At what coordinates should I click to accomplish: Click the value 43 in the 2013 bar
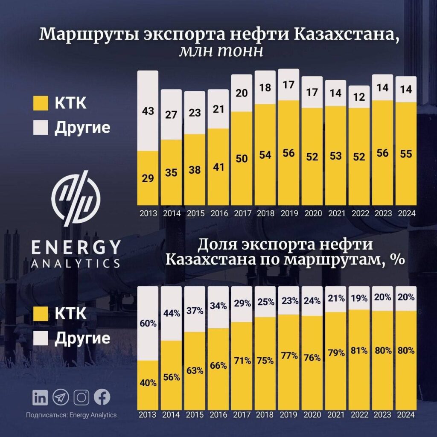(148, 112)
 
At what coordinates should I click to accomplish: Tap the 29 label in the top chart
(148, 178)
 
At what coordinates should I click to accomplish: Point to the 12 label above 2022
(358, 97)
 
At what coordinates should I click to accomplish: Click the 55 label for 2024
(405, 154)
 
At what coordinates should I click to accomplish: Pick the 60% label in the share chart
(148, 324)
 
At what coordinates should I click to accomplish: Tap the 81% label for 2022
(359, 351)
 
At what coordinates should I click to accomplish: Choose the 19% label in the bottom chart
(359, 298)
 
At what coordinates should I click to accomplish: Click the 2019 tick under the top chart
(288, 213)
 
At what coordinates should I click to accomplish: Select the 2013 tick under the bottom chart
(148, 414)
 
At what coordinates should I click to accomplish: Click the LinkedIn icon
(40, 398)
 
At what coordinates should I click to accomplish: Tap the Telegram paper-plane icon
(61, 398)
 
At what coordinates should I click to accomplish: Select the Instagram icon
(81, 398)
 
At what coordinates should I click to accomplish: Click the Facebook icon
(102, 397)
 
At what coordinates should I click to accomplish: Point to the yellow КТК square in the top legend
(39, 104)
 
